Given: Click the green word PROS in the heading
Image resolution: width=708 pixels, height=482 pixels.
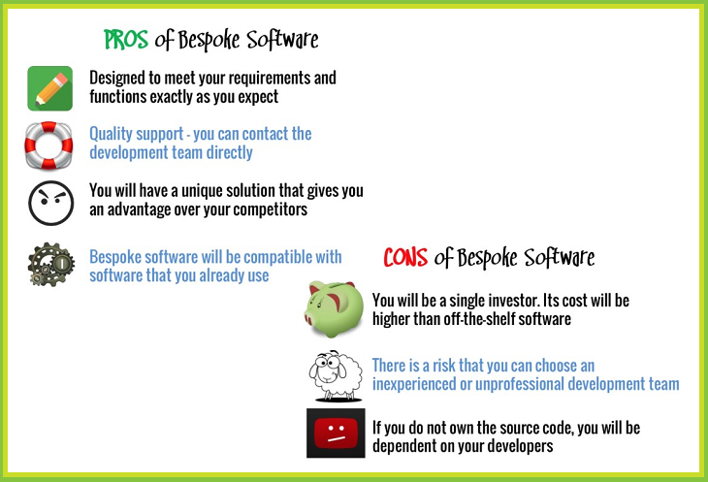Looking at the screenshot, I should point(127,40).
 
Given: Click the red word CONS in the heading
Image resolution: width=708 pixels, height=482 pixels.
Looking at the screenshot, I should point(406,257).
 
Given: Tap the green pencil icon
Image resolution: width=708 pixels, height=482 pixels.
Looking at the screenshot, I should point(49,88).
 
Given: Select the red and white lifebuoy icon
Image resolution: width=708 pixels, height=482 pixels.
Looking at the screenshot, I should point(49,145).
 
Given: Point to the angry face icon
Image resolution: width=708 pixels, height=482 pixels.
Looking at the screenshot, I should point(49,201).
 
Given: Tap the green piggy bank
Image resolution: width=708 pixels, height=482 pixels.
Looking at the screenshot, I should point(335,307).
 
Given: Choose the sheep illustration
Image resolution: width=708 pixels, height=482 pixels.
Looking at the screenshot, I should point(335,373).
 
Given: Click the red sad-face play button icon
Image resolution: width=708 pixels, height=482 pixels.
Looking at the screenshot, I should point(335,433).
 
